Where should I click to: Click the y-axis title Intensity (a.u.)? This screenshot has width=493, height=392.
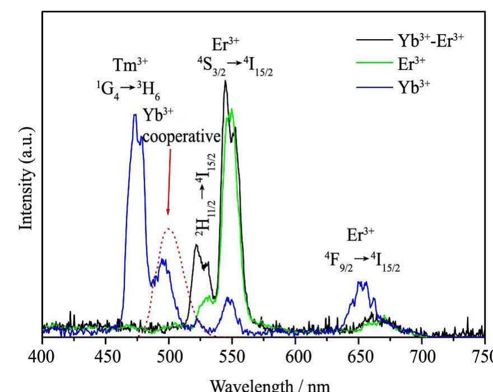[x=26, y=177]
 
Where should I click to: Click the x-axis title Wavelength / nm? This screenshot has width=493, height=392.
[x=264, y=385]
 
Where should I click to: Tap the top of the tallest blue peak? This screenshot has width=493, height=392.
[x=135, y=115]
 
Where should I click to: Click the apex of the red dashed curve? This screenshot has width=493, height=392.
[x=168, y=228]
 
